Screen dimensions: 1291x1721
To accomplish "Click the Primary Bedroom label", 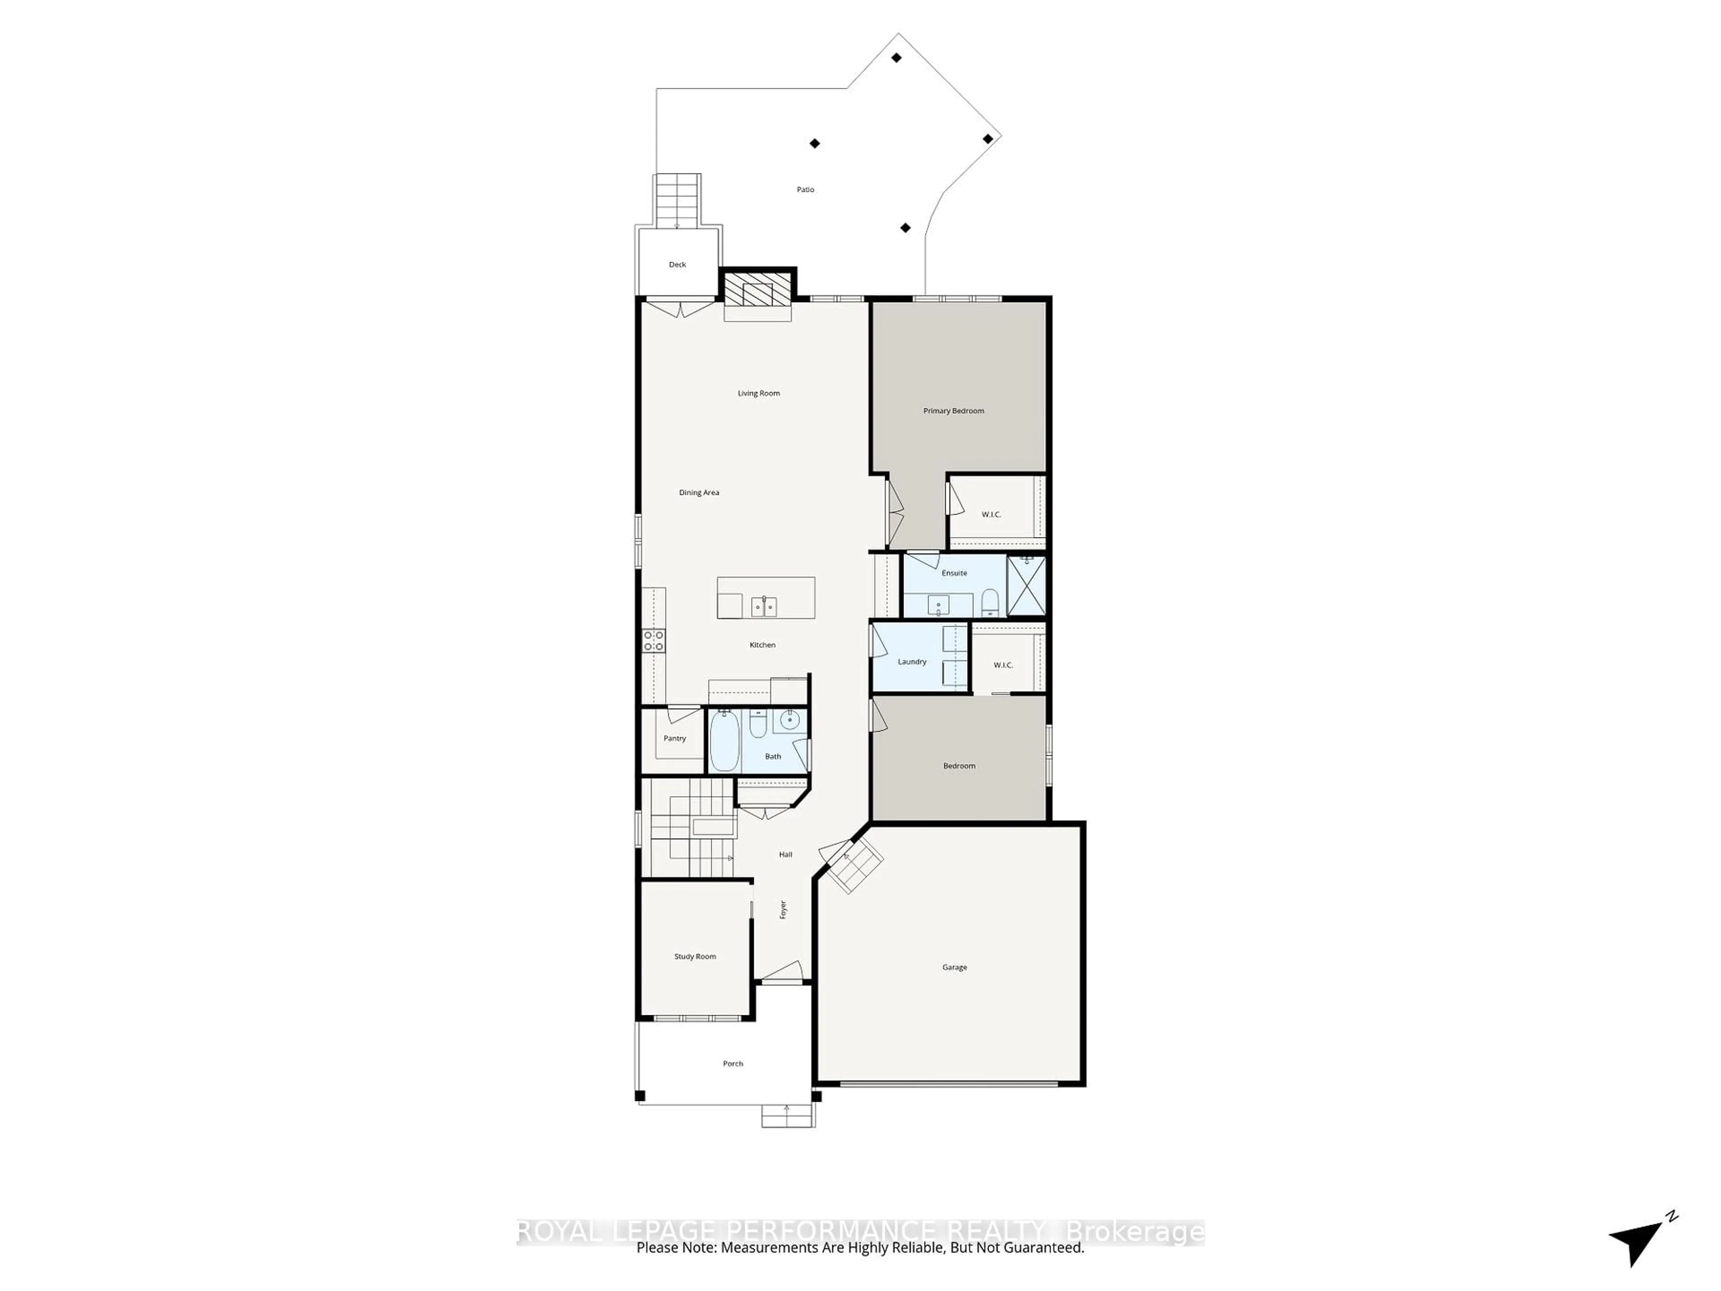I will [x=953, y=411].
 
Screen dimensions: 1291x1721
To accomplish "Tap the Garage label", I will [x=955, y=967].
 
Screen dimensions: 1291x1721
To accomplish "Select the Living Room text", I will [x=759, y=394].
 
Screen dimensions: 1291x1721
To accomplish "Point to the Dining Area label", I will [x=699, y=493].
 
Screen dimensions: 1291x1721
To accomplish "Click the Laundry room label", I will [x=912, y=662].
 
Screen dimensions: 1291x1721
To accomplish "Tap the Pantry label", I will [x=675, y=738].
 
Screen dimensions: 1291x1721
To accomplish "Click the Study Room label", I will [x=695, y=957].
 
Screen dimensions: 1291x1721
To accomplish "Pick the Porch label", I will [x=733, y=1064].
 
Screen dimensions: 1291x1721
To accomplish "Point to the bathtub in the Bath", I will [x=723, y=741].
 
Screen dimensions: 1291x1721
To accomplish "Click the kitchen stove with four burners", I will [x=653, y=641].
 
